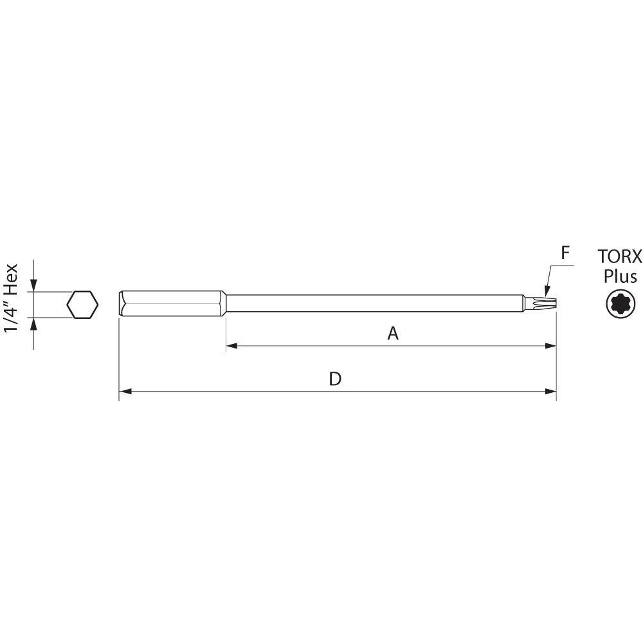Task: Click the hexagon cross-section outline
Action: tap(82, 304)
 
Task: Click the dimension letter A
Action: tap(393, 333)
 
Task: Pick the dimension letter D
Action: tap(334, 379)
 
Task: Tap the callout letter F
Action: tap(565, 253)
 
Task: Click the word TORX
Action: tap(619, 257)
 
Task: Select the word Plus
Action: tap(620, 276)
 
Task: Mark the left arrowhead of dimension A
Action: tap(231, 346)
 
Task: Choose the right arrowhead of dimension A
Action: tap(550, 346)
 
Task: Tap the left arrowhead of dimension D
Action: tap(125, 391)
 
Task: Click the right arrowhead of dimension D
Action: tap(550, 391)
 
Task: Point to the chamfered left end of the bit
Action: tap(122, 303)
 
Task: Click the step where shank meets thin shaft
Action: tap(225, 303)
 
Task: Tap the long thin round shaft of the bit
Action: tap(373, 303)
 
